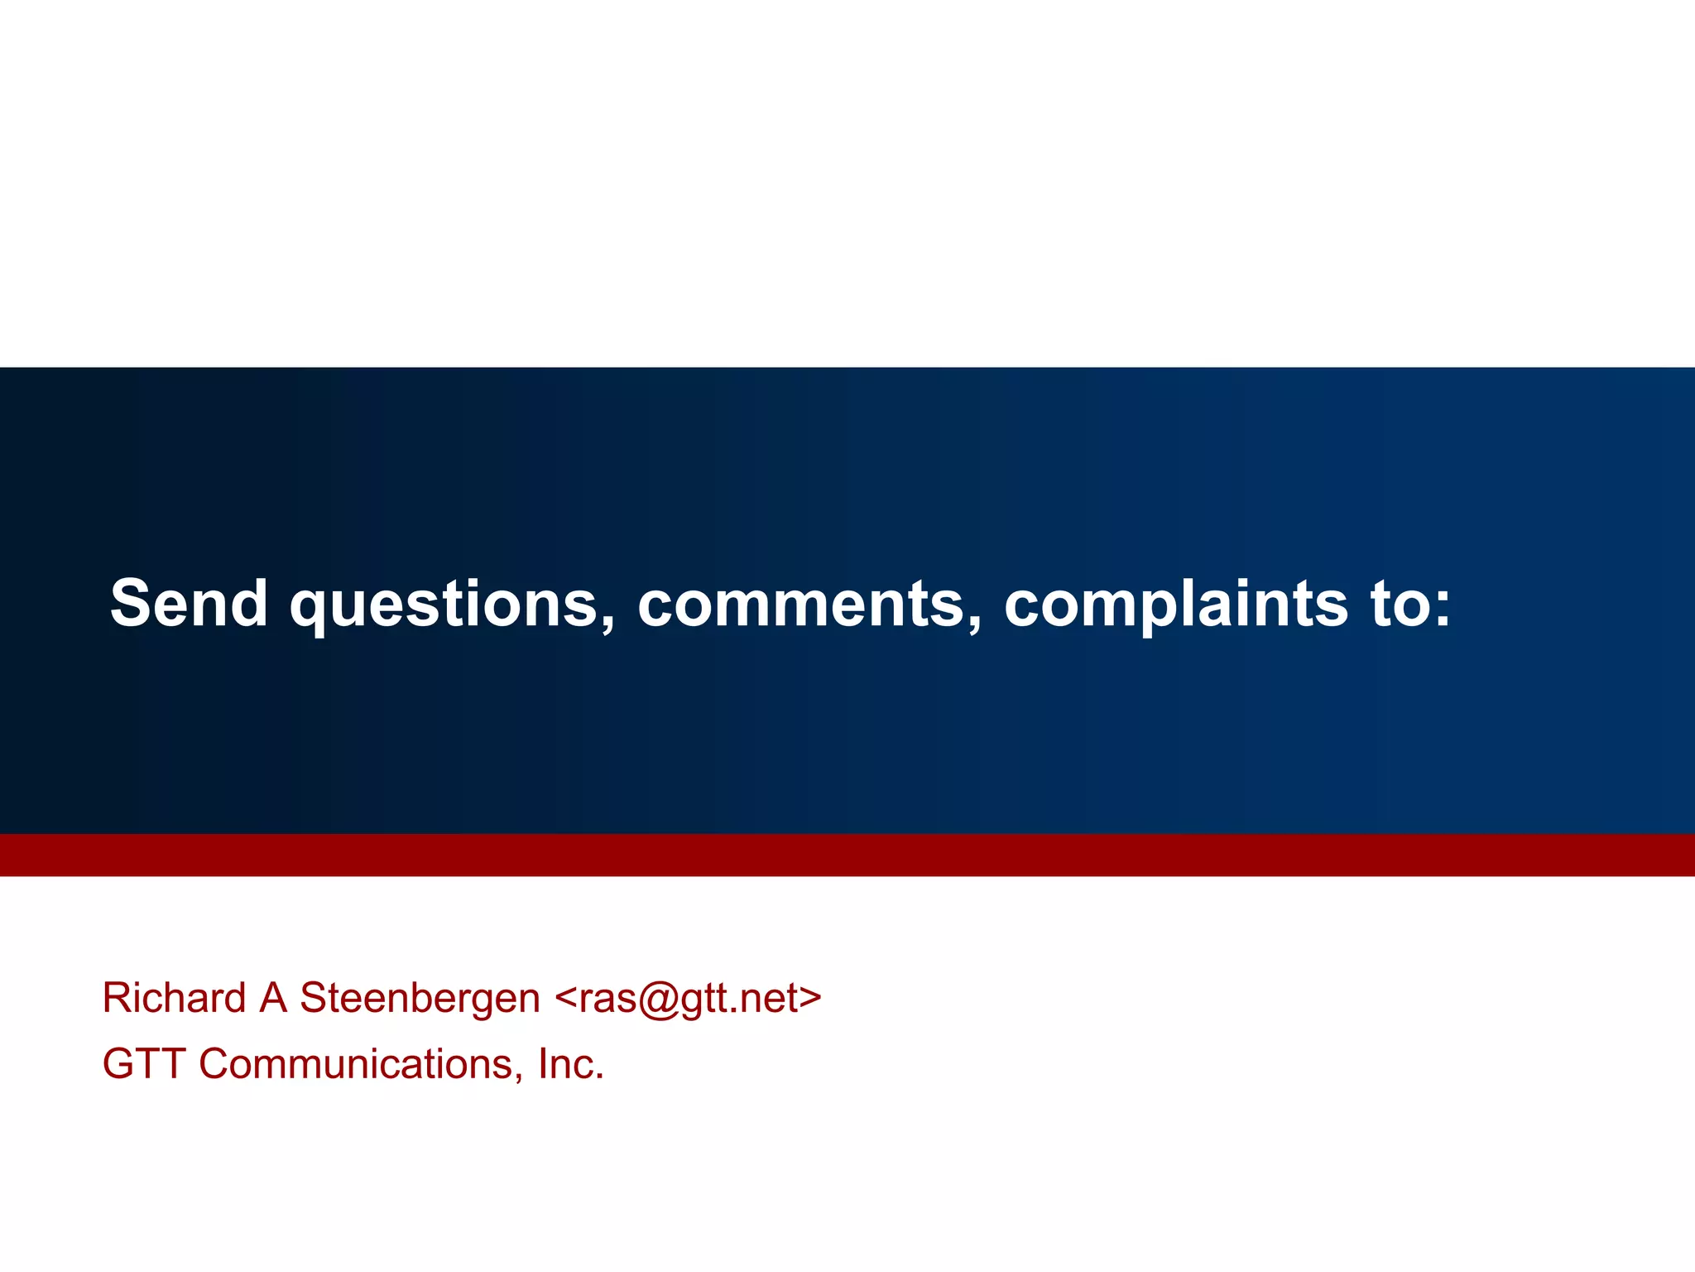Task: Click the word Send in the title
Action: (189, 603)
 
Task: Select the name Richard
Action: (174, 998)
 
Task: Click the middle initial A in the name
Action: (273, 998)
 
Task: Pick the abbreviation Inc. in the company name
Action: (571, 1064)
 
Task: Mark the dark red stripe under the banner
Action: (847, 855)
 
